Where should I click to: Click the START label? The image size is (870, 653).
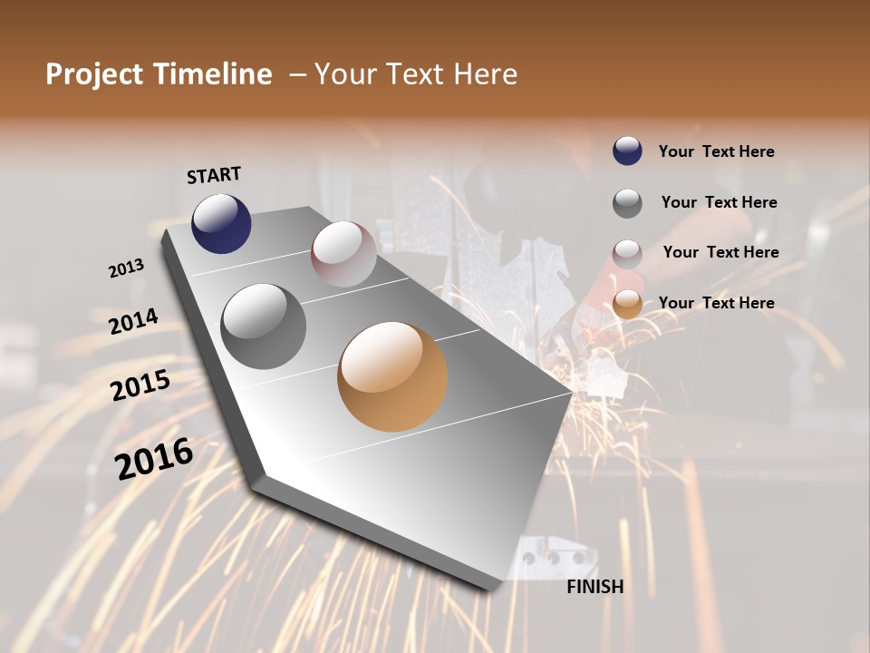[x=214, y=175]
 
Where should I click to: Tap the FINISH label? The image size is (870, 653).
[x=594, y=587]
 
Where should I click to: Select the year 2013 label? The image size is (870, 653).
[x=126, y=268]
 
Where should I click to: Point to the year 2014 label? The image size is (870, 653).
[x=133, y=321]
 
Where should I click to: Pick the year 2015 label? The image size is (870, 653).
[x=140, y=385]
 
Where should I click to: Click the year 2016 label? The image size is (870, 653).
[x=154, y=458]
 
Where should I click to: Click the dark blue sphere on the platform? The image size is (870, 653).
[x=221, y=223]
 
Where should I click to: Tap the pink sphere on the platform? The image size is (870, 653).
[x=343, y=254]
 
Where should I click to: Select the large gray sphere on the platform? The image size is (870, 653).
[x=264, y=326]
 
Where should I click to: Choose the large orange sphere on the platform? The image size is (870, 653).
[x=392, y=376]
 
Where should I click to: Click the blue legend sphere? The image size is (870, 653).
[x=627, y=151]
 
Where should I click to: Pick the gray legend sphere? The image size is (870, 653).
[x=627, y=203]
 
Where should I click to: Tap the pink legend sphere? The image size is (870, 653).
[x=627, y=254]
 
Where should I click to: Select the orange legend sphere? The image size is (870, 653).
[x=627, y=305]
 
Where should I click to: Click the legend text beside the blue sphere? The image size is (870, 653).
[x=716, y=151]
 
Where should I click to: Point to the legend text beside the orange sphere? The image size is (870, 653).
[x=716, y=303]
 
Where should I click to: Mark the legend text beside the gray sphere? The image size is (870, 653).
[x=719, y=202]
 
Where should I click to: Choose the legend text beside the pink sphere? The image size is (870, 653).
[x=720, y=252]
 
